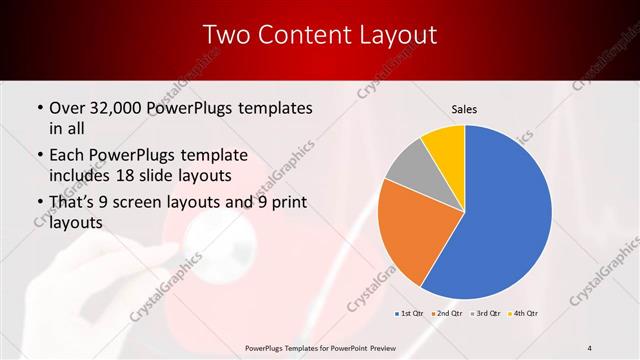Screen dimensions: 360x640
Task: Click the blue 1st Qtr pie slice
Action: coord(500,220)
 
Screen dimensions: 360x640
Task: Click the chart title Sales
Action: coord(465,108)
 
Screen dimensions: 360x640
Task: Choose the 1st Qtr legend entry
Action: coord(409,314)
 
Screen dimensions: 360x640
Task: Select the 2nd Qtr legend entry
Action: coord(447,314)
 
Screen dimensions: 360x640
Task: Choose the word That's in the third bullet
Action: coord(73,204)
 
